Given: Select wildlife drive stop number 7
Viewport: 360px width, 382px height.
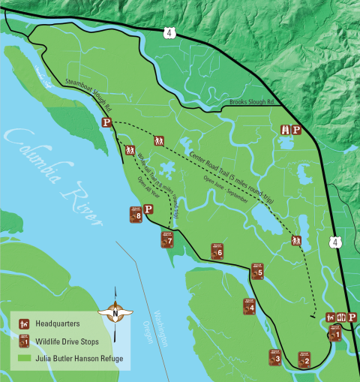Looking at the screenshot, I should click(166, 239).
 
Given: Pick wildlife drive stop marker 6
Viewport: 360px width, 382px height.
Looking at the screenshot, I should click(217, 251).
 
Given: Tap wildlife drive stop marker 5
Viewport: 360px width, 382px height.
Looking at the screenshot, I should click(257, 271).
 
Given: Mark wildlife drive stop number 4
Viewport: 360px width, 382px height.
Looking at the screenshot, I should click(249, 305).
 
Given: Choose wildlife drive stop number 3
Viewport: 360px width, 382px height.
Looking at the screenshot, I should click(274, 358).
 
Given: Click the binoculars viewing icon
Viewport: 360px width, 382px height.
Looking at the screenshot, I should click(285, 130).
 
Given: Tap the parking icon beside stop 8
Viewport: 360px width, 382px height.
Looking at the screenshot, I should click(148, 211).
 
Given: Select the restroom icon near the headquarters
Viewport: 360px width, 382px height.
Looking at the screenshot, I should click(341, 318).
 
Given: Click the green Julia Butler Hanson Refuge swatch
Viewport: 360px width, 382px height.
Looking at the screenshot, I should click(25, 358).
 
